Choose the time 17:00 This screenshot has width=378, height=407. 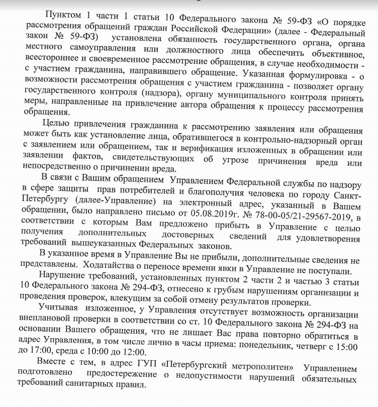point(44,358)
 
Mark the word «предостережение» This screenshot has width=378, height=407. point(123,381)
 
